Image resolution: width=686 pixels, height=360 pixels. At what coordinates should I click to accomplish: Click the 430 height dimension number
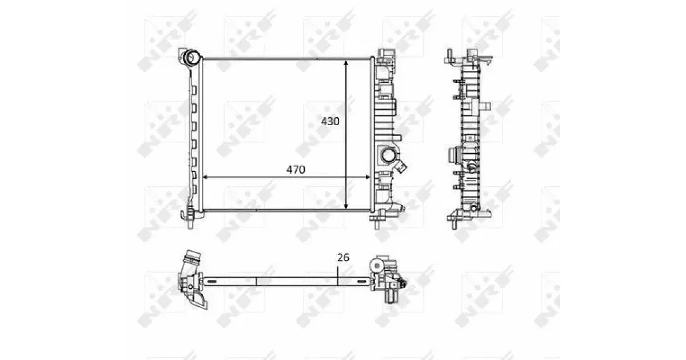click(330, 122)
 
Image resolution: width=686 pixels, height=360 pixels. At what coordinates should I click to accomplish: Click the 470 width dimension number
click(296, 170)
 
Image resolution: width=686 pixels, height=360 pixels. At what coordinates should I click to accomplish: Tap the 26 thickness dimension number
click(343, 258)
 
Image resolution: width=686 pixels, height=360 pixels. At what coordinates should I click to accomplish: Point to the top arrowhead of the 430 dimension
click(346, 63)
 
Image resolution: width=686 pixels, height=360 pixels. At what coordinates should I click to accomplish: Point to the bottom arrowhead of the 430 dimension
click(346, 206)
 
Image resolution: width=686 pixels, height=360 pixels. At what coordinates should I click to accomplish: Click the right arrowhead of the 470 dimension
click(368, 177)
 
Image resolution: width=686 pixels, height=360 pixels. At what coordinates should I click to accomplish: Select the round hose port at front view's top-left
click(192, 57)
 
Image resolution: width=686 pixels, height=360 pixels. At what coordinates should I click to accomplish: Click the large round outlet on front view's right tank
click(388, 156)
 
